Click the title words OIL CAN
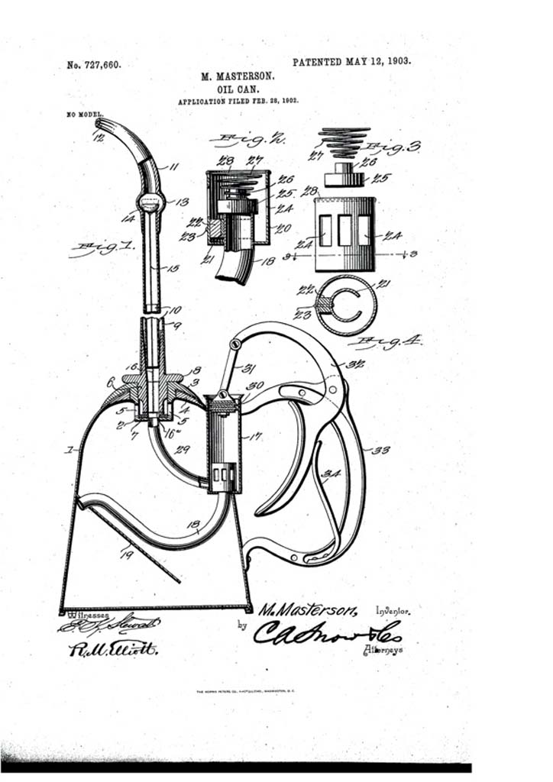coord(241,89)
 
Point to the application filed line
coord(238,101)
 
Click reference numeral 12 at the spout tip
coord(97,138)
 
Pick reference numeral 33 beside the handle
coord(380,450)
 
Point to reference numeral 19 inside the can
coord(125,554)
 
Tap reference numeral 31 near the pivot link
coord(249,368)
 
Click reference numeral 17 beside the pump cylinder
coord(254,438)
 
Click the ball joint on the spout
coord(150,203)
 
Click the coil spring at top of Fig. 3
coord(344,142)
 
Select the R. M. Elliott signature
coord(112,648)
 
